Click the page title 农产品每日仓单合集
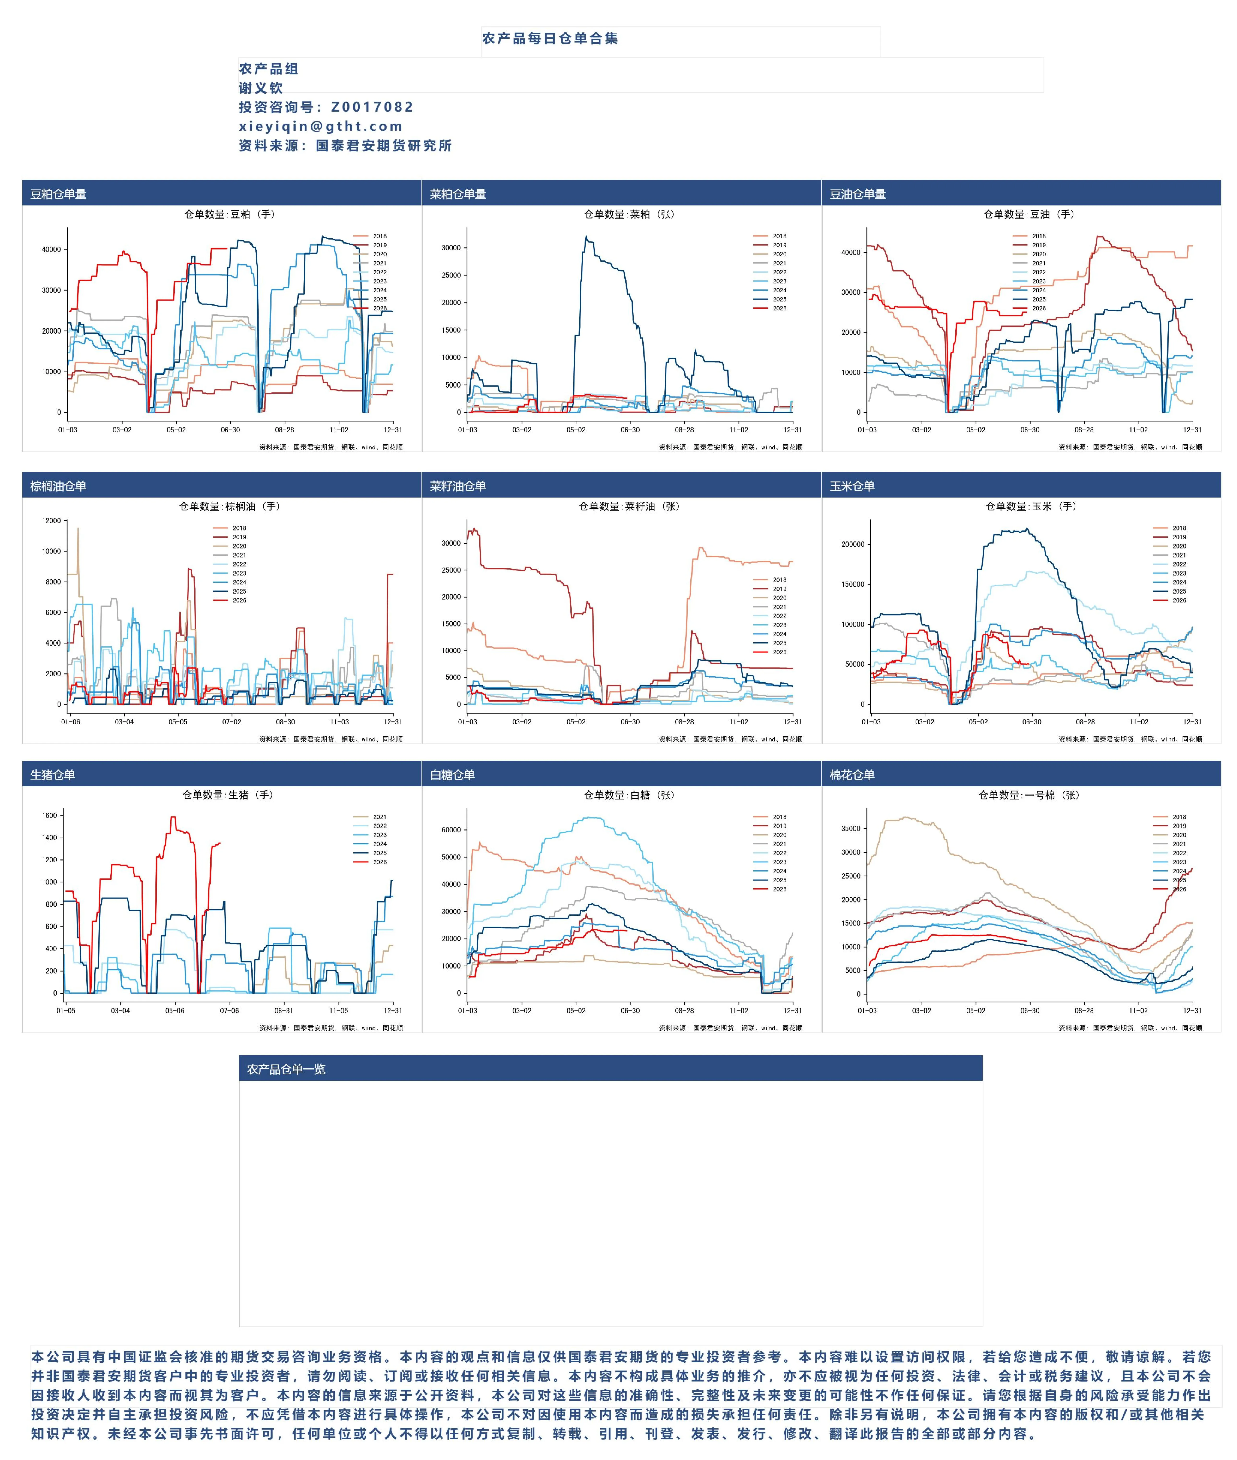pyautogui.click(x=550, y=39)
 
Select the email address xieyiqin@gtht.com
pyautogui.click(x=320, y=126)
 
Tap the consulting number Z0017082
pyautogui.click(x=372, y=107)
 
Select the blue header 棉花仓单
pyautogui.click(x=852, y=775)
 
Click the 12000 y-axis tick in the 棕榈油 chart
pyautogui.click(x=51, y=521)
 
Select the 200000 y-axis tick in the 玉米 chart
pyautogui.click(x=853, y=544)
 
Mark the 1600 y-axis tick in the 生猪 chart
pyautogui.click(x=50, y=815)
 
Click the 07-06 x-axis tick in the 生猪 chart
pyautogui.click(x=229, y=1011)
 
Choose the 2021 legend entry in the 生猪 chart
pyautogui.click(x=379, y=817)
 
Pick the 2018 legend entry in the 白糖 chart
pyautogui.click(x=779, y=817)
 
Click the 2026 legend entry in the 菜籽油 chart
pyautogui.click(x=779, y=652)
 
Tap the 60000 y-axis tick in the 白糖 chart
pyautogui.click(x=451, y=830)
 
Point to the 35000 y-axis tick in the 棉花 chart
pyautogui.click(x=851, y=829)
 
